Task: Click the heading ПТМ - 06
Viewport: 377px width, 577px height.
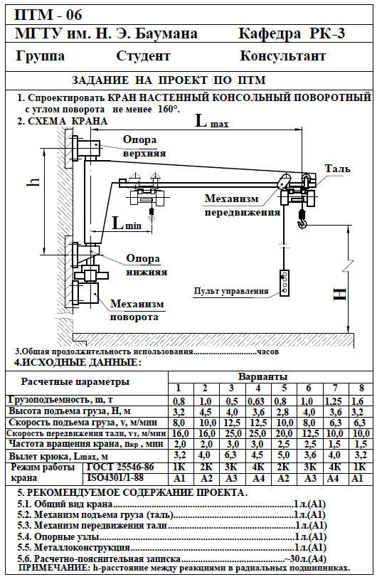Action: (x=48, y=15)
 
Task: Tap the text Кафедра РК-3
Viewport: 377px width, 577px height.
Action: (x=292, y=33)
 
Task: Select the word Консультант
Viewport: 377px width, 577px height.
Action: (x=283, y=56)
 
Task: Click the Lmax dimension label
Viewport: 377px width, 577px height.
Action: (x=211, y=121)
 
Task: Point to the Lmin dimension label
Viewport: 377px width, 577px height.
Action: (x=127, y=222)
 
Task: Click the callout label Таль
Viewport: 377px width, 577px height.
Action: (x=337, y=169)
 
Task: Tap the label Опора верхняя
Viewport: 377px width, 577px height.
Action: (x=144, y=146)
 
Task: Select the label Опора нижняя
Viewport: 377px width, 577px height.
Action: (x=147, y=265)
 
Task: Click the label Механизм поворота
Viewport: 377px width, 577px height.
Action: (x=137, y=310)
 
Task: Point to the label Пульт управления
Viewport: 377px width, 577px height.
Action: (x=231, y=291)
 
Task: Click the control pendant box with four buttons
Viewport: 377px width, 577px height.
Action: (x=285, y=283)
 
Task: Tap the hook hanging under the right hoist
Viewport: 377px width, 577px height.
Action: (x=302, y=223)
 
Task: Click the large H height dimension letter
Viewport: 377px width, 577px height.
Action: (x=340, y=294)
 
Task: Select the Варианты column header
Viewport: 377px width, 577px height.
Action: (x=263, y=377)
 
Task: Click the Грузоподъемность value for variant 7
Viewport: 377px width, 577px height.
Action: (x=333, y=401)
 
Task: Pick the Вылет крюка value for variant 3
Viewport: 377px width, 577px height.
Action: (x=231, y=455)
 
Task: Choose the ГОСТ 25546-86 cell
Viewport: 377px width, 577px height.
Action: (x=120, y=467)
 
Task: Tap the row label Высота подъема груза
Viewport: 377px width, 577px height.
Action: (x=70, y=411)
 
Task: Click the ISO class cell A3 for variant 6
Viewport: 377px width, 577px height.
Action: (x=310, y=478)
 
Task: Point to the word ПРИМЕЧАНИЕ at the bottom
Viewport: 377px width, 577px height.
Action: (x=53, y=567)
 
